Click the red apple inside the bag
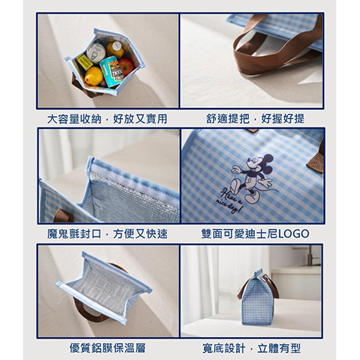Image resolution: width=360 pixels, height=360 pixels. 127,66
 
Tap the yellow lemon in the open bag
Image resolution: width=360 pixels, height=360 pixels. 94,76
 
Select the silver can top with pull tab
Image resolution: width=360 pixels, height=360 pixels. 96,53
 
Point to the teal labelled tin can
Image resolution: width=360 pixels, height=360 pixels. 112,71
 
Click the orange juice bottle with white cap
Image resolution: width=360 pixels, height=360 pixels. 115,50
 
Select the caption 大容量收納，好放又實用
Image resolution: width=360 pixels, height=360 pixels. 107,119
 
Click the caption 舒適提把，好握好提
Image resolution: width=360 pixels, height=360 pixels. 255,119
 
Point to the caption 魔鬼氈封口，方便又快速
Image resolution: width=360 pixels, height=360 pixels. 107,234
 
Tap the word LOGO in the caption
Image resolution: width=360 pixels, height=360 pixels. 293,234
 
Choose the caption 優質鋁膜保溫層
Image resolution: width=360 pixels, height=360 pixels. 107,348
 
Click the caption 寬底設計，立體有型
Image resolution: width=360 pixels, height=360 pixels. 251,348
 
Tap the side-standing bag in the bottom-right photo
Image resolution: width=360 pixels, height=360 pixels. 257,297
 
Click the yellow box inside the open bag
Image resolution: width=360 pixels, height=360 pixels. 84,62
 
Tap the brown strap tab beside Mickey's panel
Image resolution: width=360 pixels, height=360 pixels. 316,163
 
